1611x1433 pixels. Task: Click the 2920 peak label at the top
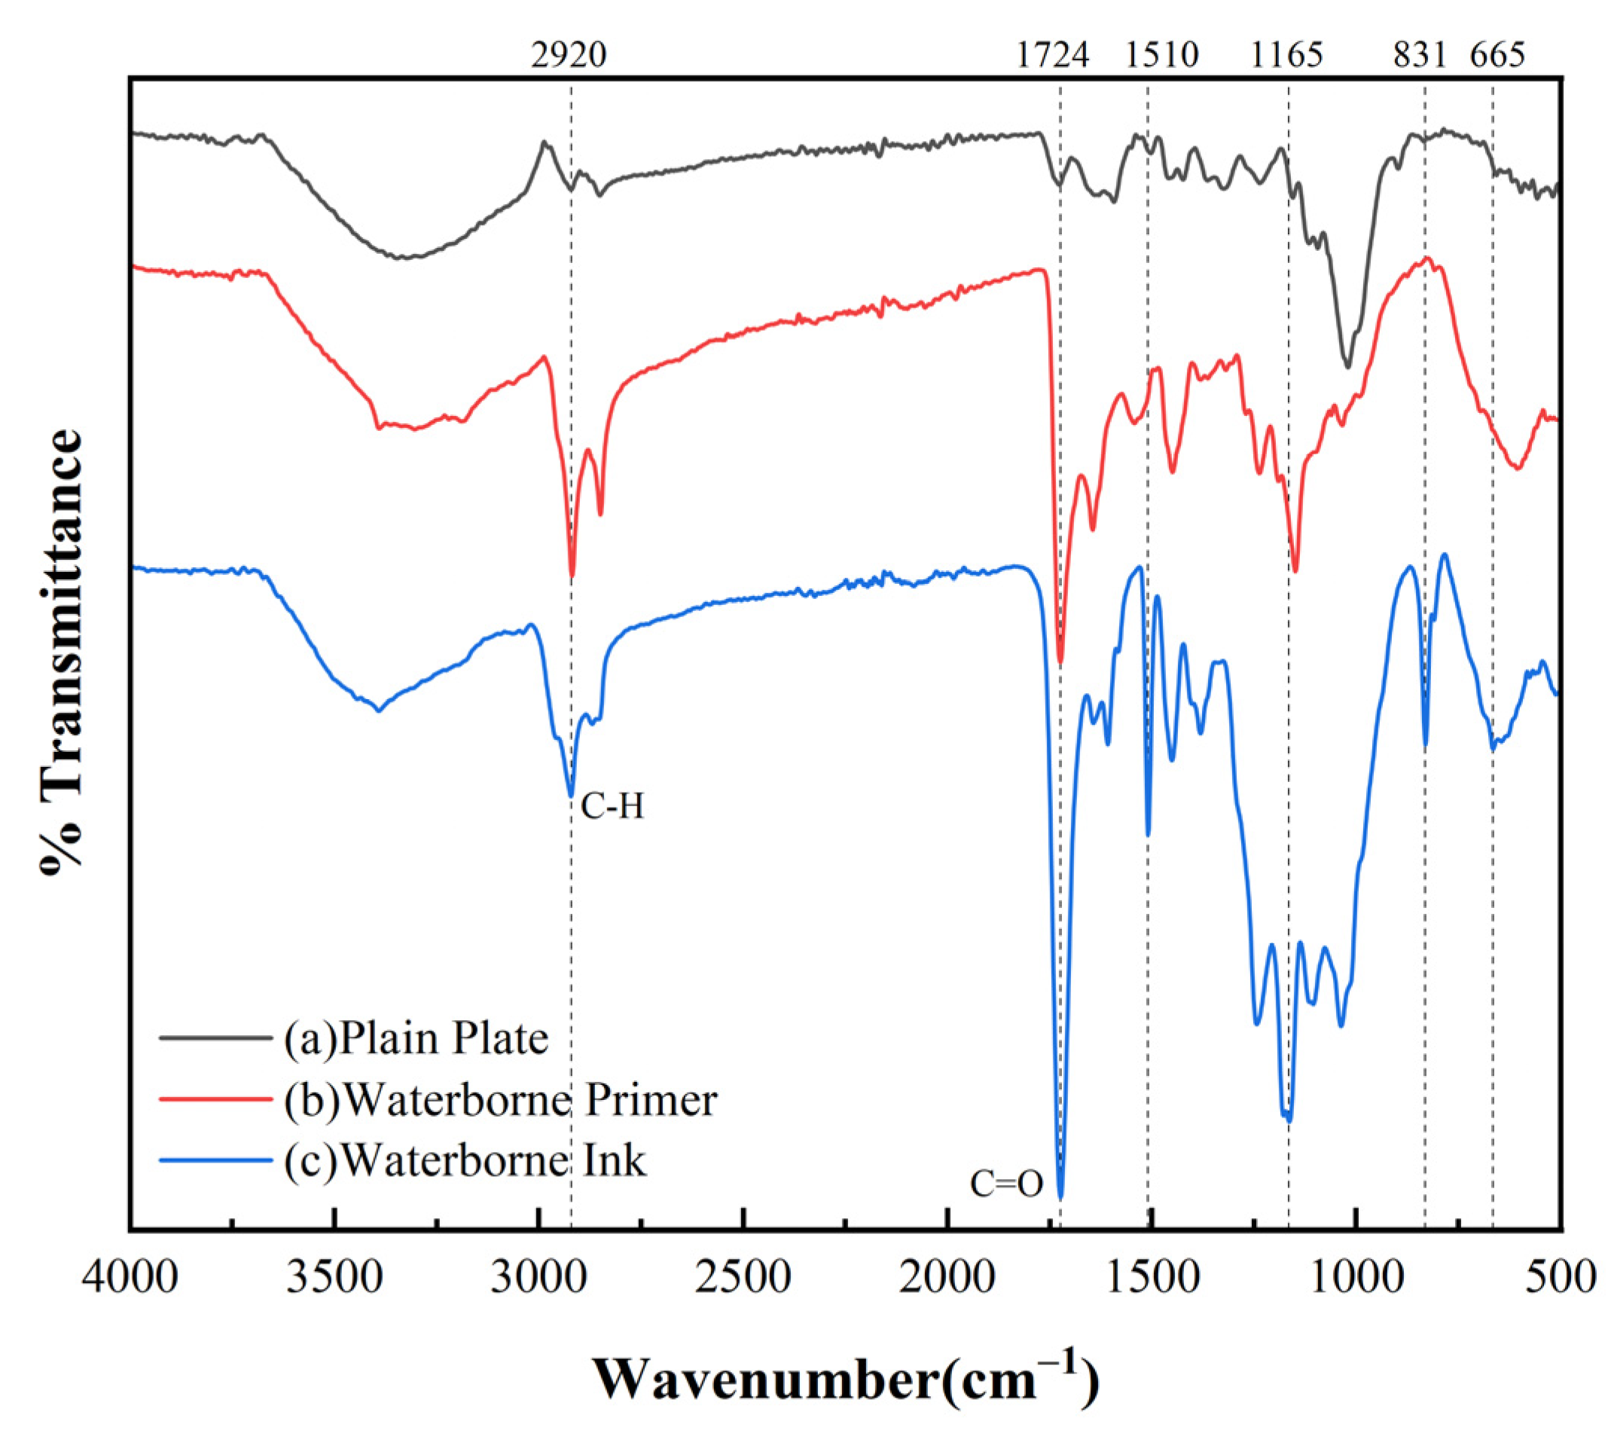click(569, 55)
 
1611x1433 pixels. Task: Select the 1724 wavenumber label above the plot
click(1052, 55)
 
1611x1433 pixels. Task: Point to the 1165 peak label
click(1286, 55)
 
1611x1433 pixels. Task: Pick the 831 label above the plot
click(1420, 55)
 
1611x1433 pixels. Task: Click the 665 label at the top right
click(1497, 55)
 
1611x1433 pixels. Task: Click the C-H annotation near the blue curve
click(612, 806)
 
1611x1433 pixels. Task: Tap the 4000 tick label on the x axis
click(130, 1279)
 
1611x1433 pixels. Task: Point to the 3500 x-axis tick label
click(334, 1279)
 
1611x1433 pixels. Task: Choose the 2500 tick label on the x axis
click(743, 1279)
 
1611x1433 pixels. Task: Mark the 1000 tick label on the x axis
click(1356, 1279)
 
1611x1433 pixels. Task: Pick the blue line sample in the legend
click(215, 1160)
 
